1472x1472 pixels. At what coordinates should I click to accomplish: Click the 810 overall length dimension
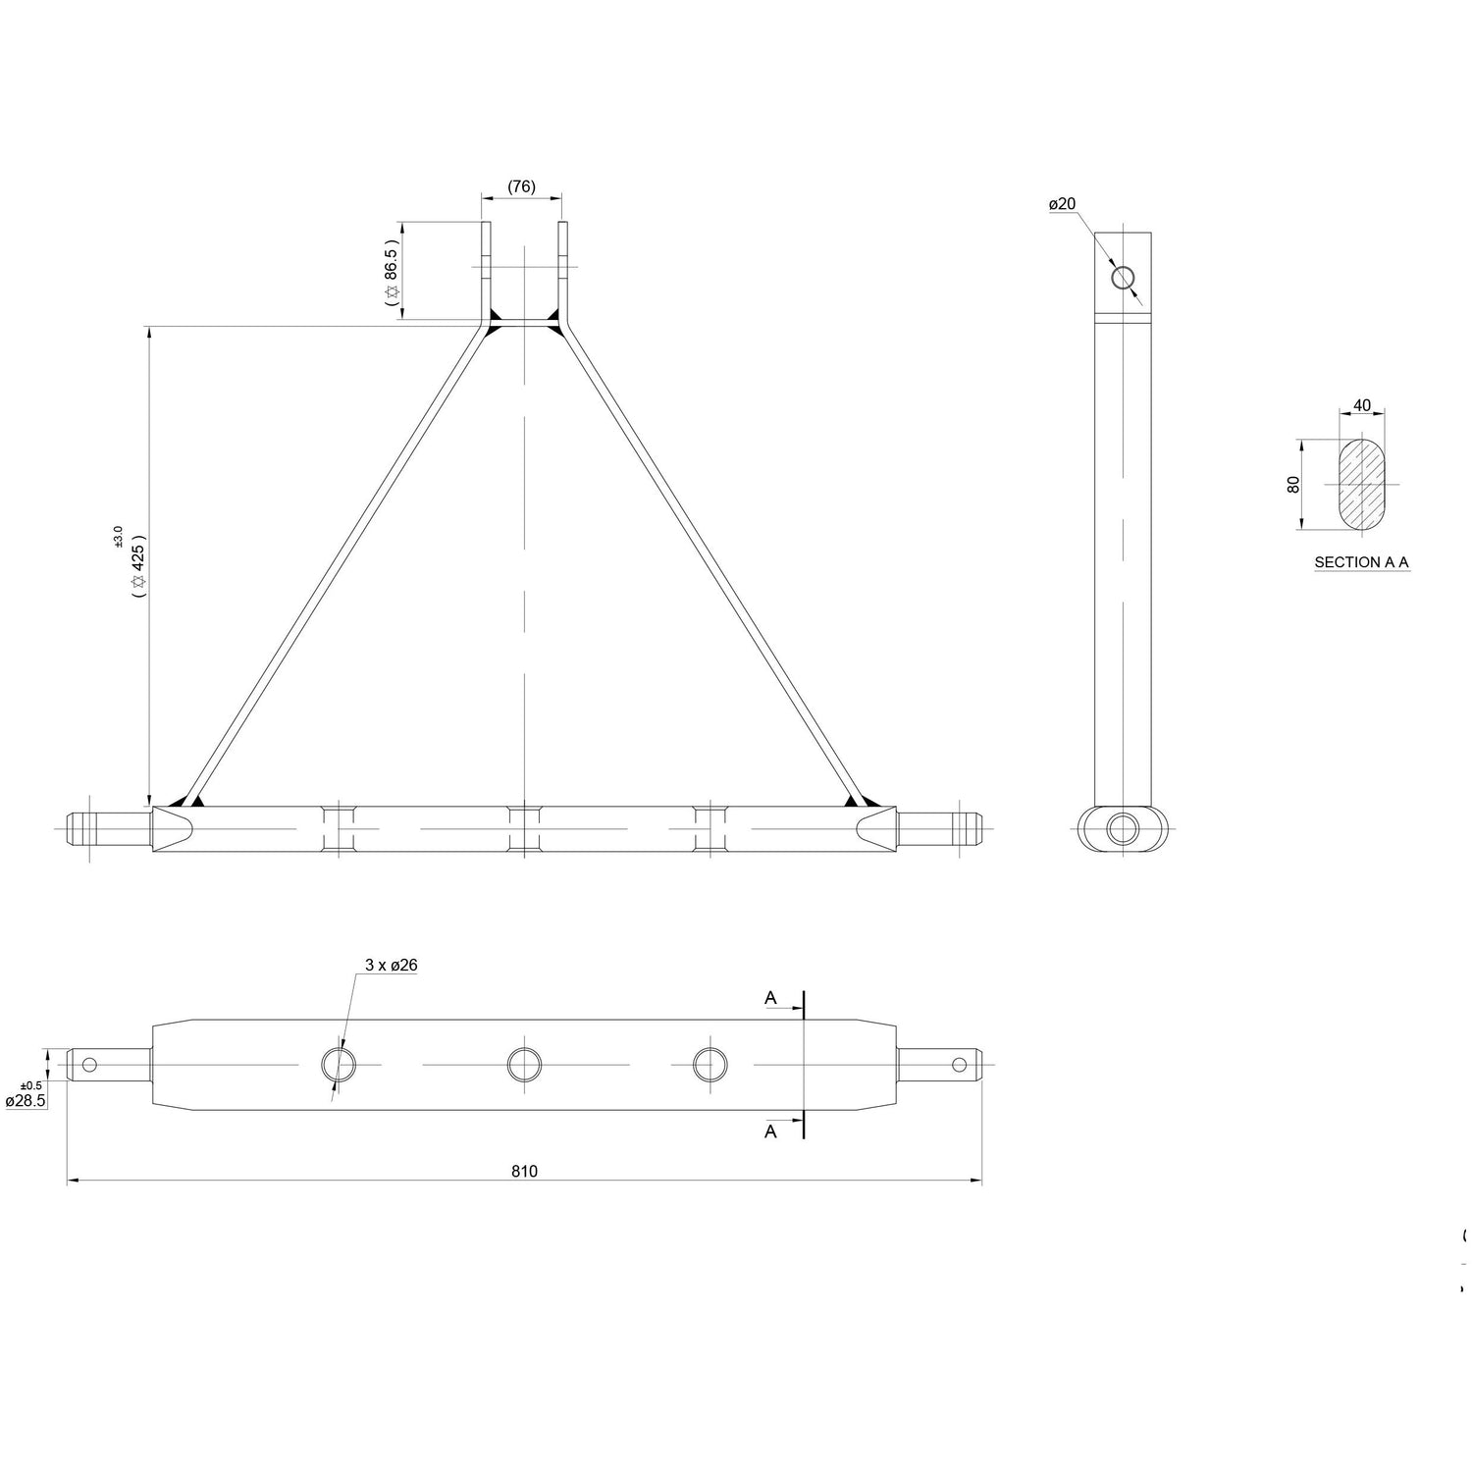click(524, 1171)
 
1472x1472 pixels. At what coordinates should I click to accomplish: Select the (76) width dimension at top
click(521, 186)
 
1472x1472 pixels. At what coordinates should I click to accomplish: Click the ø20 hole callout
click(1062, 204)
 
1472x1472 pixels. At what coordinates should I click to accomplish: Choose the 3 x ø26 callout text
click(392, 965)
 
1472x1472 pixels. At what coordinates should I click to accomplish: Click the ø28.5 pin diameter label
click(26, 1101)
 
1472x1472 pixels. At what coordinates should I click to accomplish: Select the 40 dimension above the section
click(1362, 405)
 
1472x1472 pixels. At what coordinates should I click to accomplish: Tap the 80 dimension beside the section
click(1293, 485)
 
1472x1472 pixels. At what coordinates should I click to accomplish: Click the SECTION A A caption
click(1362, 562)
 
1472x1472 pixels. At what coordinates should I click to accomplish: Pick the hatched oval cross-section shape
click(1362, 485)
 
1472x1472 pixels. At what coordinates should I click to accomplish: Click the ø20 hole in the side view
click(1123, 277)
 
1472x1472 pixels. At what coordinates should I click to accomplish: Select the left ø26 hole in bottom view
click(339, 1064)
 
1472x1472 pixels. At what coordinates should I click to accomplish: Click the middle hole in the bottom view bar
click(524, 1064)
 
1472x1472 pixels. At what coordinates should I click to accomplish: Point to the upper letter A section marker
click(771, 998)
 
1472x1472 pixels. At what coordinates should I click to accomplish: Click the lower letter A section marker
click(771, 1131)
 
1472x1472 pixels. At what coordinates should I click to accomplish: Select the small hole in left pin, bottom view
click(90, 1064)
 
